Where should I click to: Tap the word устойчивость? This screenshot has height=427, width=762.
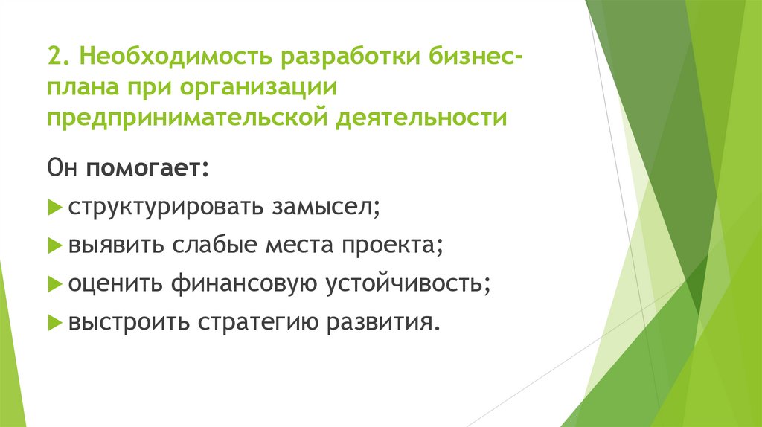(x=407, y=283)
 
